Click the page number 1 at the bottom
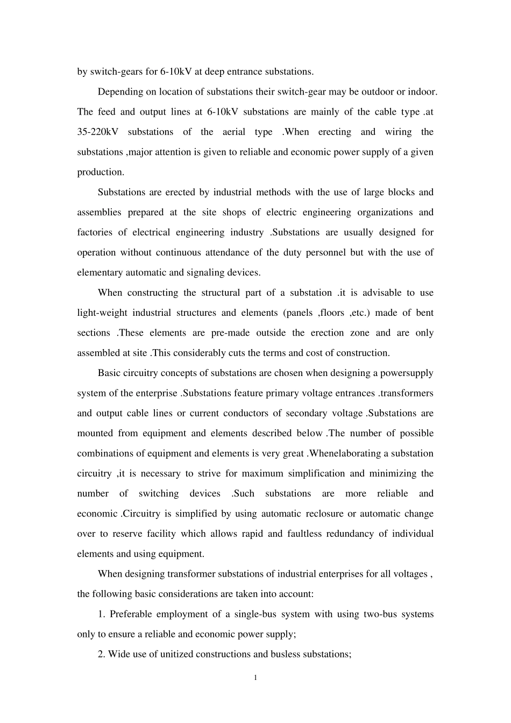[x=256, y=677]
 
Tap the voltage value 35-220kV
[x=97, y=132]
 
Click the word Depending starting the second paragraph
[x=120, y=92]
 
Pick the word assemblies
[x=99, y=212]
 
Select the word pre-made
[x=230, y=333]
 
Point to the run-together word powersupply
[x=407, y=373]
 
